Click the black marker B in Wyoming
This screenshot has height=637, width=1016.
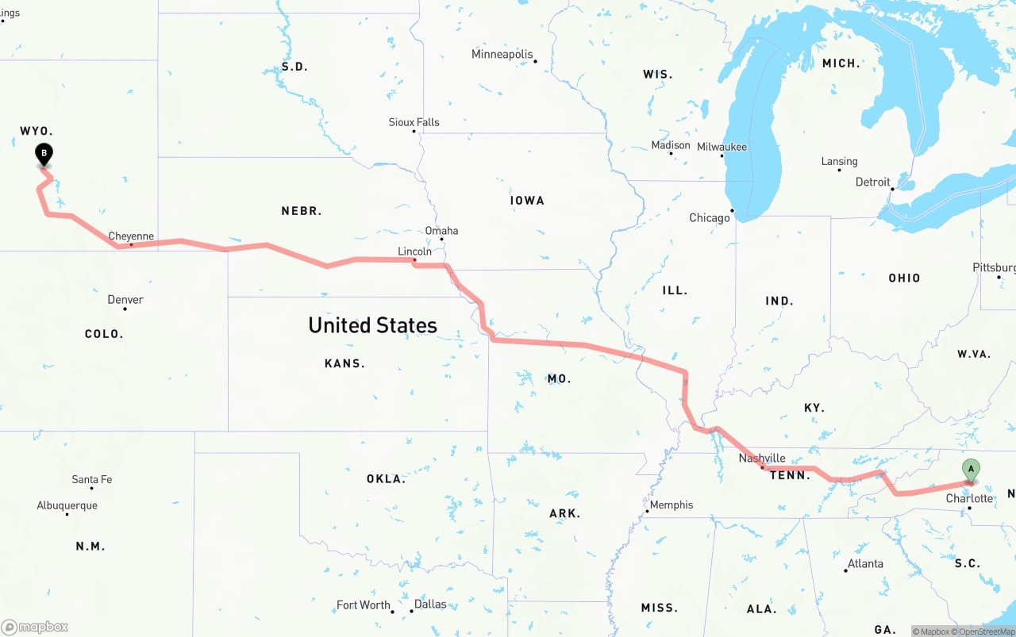click(x=44, y=153)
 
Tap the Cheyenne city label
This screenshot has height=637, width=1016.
click(x=131, y=236)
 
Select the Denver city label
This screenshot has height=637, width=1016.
click(x=125, y=300)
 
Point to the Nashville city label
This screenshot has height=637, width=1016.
click(x=762, y=459)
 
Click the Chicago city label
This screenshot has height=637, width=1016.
click(x=710, y=218)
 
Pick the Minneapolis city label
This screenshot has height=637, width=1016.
click(x=502, y=55)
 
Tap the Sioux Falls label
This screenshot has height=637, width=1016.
click(x=414, y=122)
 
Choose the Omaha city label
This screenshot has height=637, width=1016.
click(x=441, y=231)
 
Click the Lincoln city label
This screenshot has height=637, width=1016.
click(x=414, y=251)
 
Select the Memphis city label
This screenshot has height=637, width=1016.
click(x=672, y=505)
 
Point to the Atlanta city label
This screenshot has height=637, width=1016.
click(x=865, y=564)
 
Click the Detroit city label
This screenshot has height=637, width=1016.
click(x=873, y=182)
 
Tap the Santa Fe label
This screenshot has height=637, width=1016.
click(x=92, y=479)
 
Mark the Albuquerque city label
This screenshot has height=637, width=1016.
click(x=67, y=505)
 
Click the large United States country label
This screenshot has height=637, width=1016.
click(x=372, y=325)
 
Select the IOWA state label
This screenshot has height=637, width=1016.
click(x=527, y=201)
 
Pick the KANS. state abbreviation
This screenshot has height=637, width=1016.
click(x=344, y=363)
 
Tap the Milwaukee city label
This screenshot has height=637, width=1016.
click(x=722, y=147)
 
